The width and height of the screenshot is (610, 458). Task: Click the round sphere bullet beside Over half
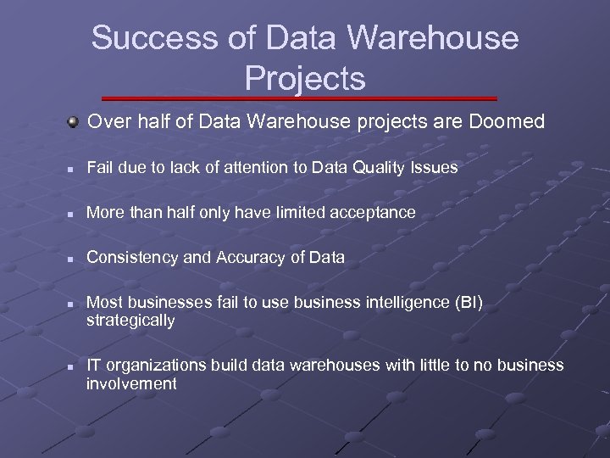(75, 122)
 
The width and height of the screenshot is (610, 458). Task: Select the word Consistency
(133, 257)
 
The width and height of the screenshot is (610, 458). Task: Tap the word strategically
(130, 321)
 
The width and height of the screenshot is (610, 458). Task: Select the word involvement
(131, 383)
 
